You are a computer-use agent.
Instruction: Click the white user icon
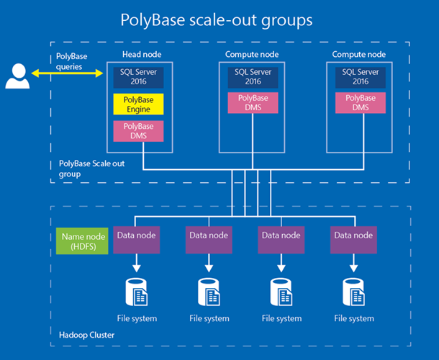point(17,76)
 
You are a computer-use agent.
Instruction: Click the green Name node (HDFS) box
point(82,241)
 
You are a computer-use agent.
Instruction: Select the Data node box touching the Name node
point(136,240)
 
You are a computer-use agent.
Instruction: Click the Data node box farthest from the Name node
point(353,240)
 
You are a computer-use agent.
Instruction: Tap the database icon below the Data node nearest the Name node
point(136,292)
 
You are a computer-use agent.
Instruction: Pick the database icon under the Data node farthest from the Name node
point(354,292)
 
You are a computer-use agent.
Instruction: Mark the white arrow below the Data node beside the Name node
point(136,264)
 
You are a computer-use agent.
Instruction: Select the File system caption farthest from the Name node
point(354,318)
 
